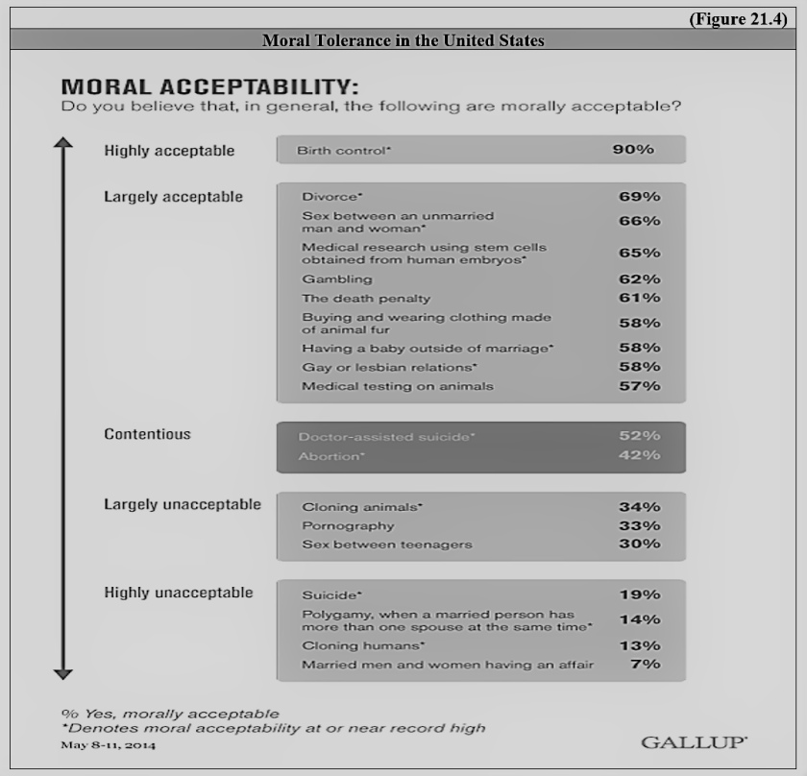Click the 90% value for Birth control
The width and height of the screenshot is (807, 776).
tap(633, 150)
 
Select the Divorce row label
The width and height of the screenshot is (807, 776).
tap(331, 197)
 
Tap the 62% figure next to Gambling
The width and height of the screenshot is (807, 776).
tap(639, 279)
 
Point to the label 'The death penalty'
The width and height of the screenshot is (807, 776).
tap(366, 299)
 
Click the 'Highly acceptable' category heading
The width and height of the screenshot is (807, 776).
tap(169, 151)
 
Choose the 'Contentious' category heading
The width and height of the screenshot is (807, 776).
tap(147, 434)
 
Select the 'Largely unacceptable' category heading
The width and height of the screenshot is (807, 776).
tap(183, 504)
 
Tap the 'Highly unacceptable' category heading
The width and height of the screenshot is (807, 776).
tap(179, 593)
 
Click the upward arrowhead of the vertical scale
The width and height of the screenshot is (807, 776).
tap(62, 143)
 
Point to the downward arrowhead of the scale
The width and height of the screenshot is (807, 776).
tap(62, 673)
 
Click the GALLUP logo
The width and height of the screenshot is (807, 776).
tap(694, 742)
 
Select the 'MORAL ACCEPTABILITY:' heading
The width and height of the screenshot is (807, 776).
tap(210, 86)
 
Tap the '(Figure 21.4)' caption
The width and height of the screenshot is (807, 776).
tap(745, 21)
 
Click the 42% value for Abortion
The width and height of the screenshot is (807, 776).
tap(639, 455)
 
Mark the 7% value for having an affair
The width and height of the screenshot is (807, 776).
tap(648, 665)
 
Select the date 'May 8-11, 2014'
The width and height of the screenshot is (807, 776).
tap(108, 745)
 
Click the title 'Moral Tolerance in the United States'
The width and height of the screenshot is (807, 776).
tap(403, 40)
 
